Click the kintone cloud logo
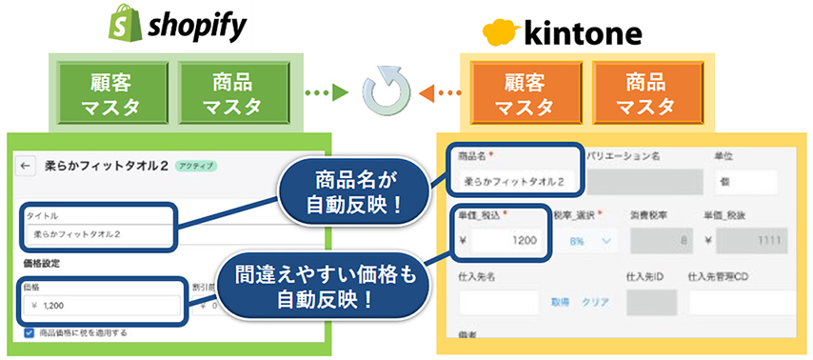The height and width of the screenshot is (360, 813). pyautogui.click(x=503, y=35)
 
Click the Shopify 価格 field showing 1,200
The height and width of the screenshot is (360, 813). pyautogui.click(x=100, y=305)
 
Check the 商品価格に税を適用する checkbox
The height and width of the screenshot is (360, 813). pyautogui.click(x=30, y=333)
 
